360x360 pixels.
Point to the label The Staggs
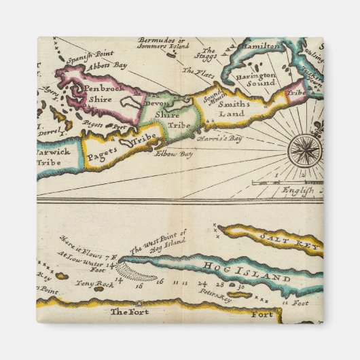[x=209, y=54]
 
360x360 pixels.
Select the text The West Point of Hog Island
[x=158, y=242]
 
